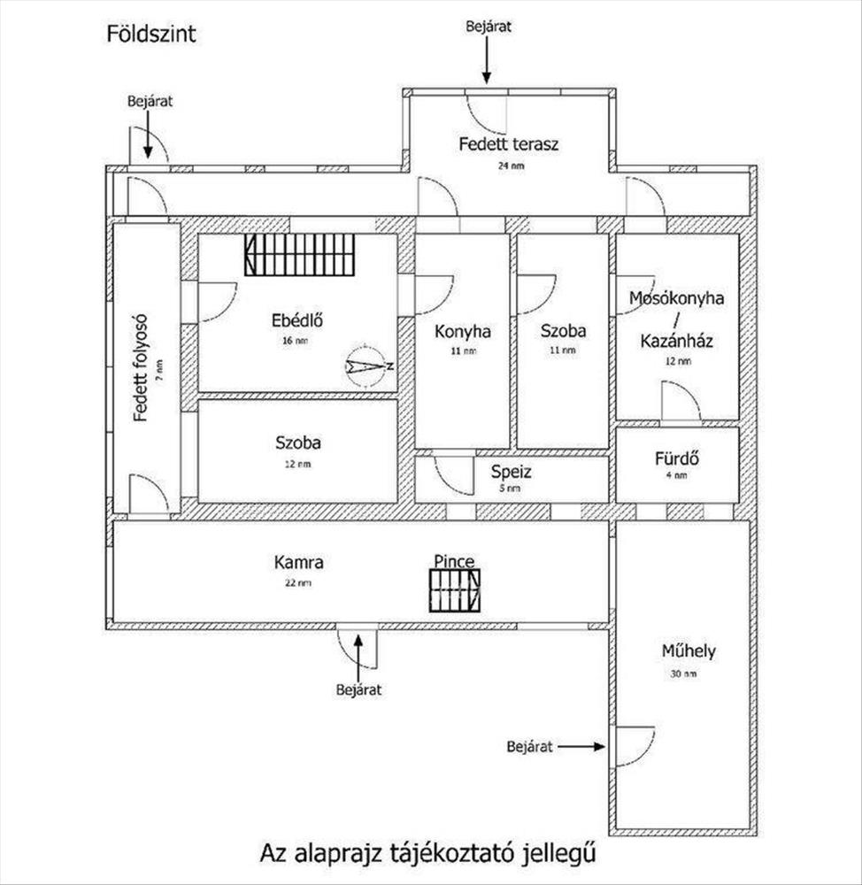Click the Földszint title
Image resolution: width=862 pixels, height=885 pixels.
coord(151,34)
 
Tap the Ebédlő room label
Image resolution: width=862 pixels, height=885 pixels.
coord(297,320)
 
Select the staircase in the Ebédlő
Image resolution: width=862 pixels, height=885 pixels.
coord(299,255)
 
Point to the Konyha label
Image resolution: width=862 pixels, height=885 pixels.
coord(462,331)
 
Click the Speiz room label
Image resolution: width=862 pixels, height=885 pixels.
coord(511,472)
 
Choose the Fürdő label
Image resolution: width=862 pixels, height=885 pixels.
coord(677,458)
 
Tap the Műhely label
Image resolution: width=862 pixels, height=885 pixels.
coord(689,650)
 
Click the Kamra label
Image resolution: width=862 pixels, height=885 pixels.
coord(298,562)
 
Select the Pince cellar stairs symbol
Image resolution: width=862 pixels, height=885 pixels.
coord(454,591)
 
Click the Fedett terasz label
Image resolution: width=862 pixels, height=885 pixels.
coord(508,144)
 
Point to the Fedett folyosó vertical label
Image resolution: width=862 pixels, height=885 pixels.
coord(141,367)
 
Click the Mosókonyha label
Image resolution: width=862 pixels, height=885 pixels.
coord(676,297)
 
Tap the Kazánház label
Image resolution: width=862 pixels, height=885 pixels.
coord(676,341)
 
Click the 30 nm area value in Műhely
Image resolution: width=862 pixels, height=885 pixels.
coord(683,673)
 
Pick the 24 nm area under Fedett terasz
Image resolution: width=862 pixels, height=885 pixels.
coord(511,166)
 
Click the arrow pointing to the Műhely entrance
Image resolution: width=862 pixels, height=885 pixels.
coord(581,747)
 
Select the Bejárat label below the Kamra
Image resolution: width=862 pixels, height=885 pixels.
coord(358,689)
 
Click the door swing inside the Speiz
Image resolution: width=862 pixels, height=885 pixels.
coord(453,475)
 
